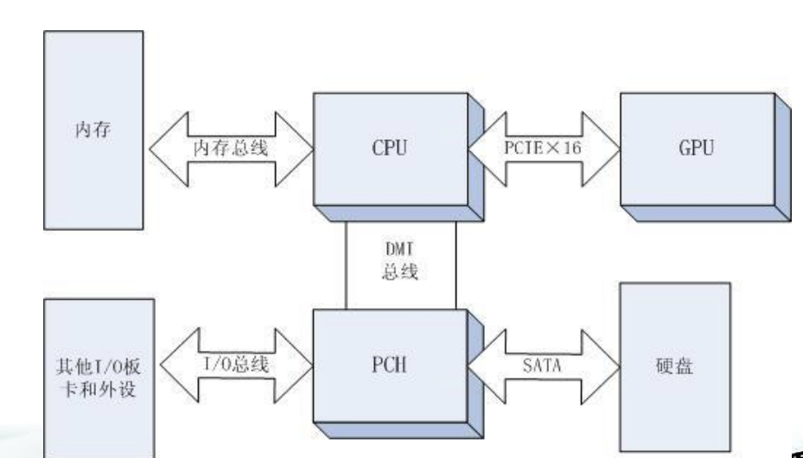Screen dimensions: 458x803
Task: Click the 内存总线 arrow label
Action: point(229,147)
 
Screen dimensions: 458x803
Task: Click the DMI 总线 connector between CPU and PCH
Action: point(400,264)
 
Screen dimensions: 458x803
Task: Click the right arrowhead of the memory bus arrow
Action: point(298,147)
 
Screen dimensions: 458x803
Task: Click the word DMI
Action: point(400,248)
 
